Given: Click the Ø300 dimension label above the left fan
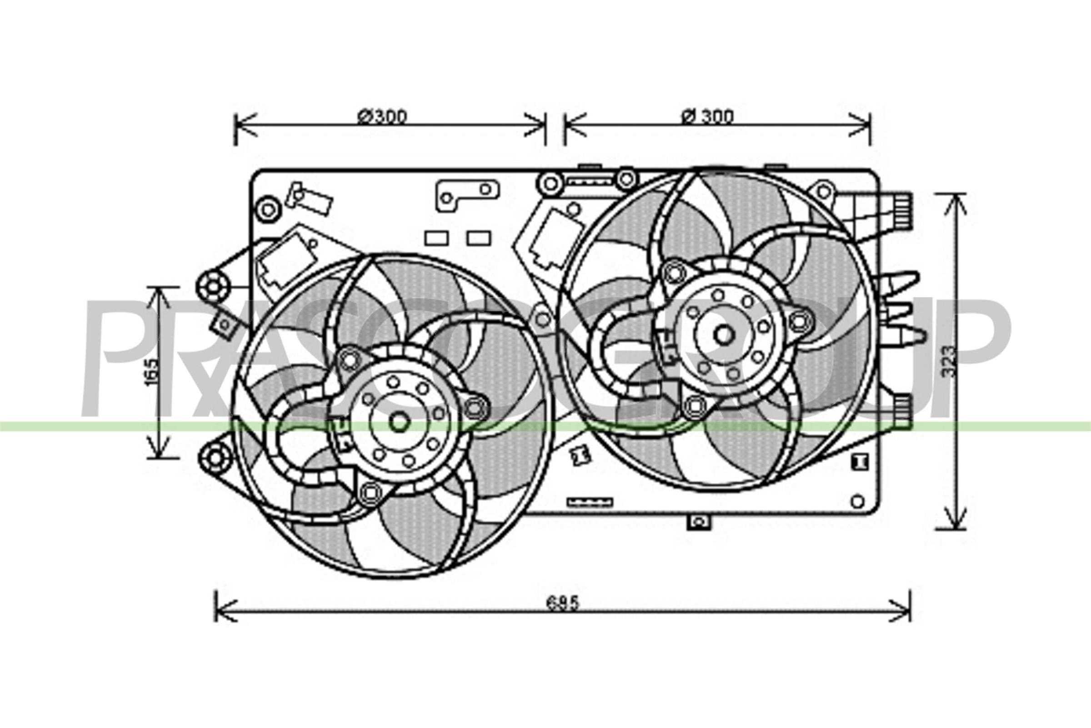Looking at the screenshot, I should coord(382,117).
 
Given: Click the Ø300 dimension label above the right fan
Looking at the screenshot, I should coord(708,116).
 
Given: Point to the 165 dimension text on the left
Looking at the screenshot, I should coord(152,371).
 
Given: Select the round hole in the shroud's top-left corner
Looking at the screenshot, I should coord(268,210).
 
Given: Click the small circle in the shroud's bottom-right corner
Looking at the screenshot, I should coord(858,501).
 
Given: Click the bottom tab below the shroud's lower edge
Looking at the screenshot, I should coord(699,523).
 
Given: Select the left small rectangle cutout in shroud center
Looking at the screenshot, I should coord(436,238).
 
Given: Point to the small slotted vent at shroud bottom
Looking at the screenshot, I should coord(590,502).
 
